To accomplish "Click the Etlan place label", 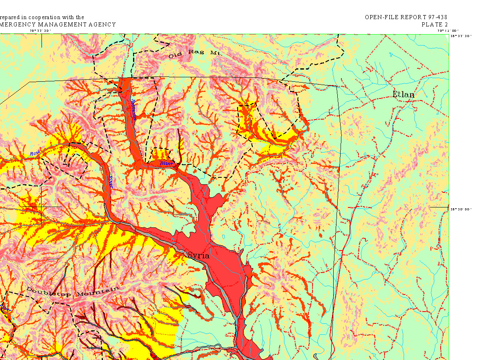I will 403,95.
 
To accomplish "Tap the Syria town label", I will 198,256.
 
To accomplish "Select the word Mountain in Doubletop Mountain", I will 99,291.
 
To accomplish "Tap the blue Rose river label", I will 35,153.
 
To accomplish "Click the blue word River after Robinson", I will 166,163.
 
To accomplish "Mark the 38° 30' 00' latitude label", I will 461,209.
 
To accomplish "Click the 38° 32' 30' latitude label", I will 461,36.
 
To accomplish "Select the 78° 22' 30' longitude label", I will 40,31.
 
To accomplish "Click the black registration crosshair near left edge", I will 41,207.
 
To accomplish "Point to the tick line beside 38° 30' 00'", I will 439,207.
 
